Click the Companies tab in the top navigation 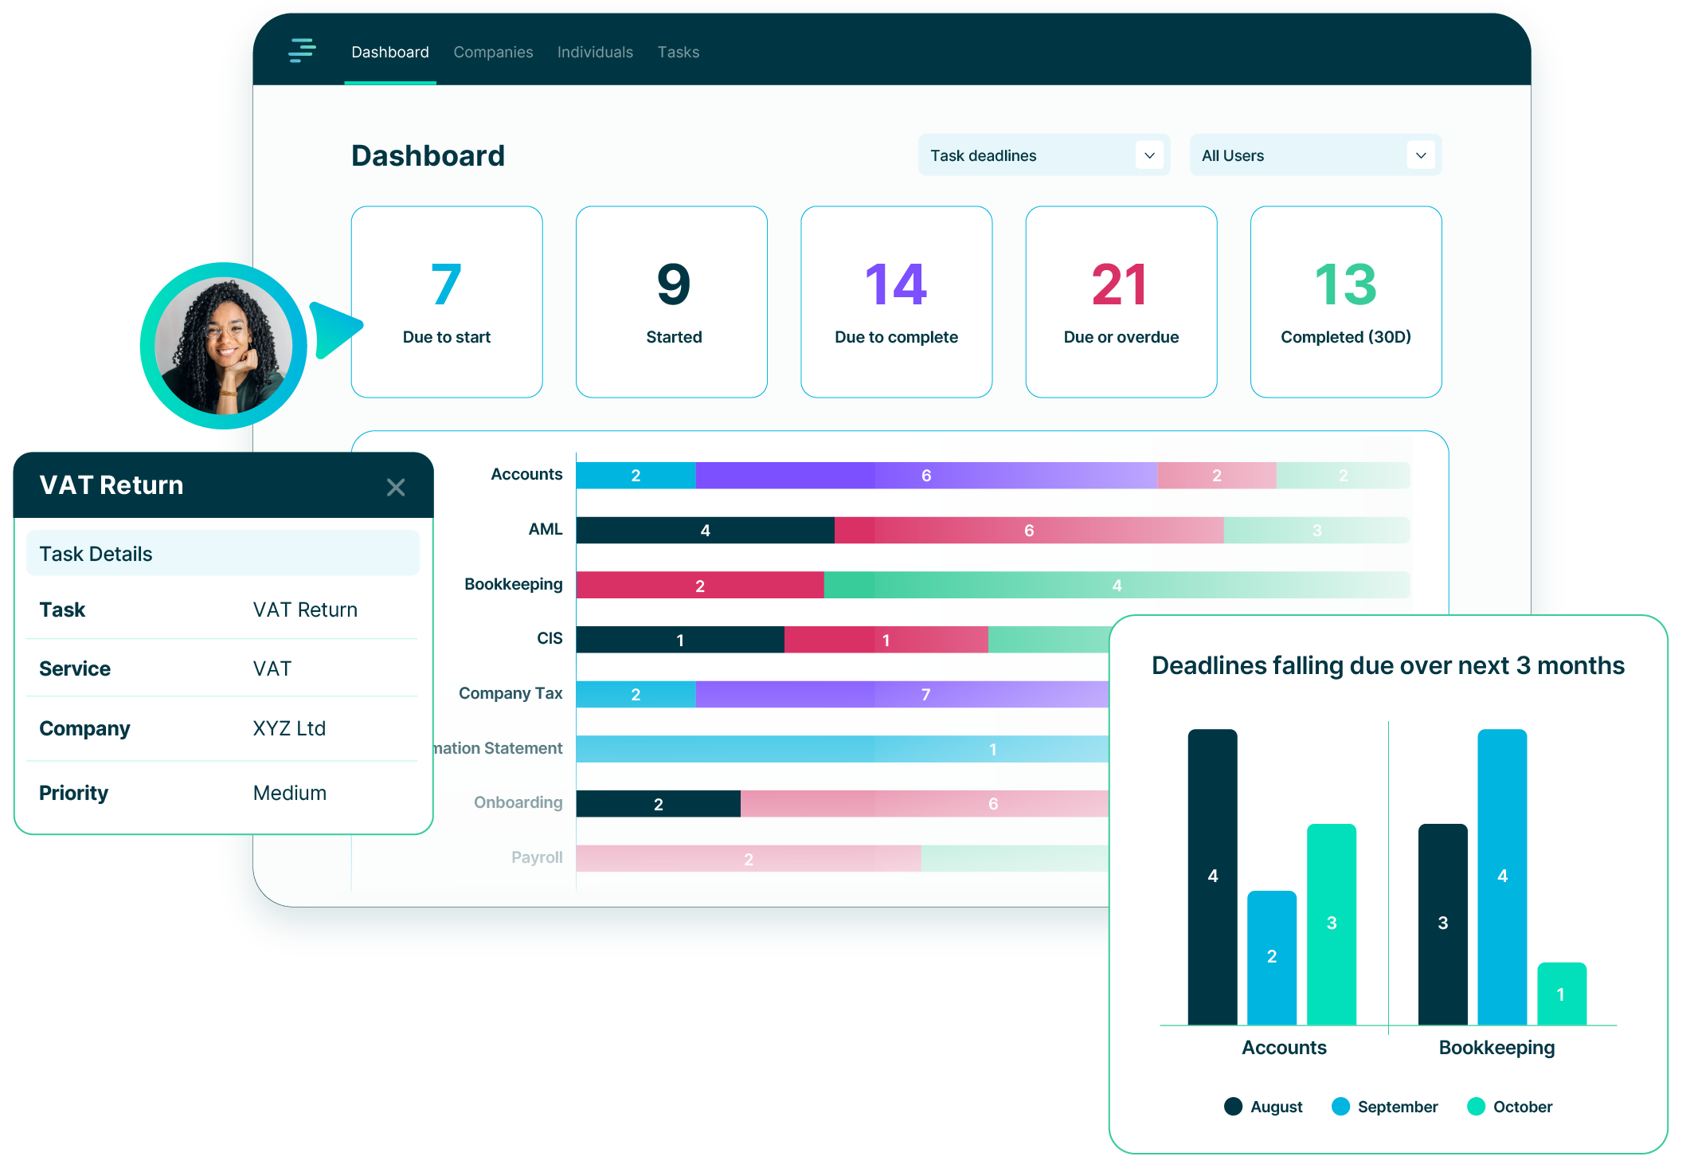click(x=493, y=53)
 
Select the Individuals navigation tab click(x=595, y=53)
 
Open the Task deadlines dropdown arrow click(x=1149, y=155)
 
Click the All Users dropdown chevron click(x=1421, y=155)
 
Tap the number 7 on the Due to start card click(x=446, y=284)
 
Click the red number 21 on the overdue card click(x=1120, y=284)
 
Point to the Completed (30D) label click(x=1345, y=337)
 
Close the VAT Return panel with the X click(x=396, y=487)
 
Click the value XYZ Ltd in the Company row click(x=289, y=728)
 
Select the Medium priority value click(x=290, y=793)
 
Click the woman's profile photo click(x=224, y=346)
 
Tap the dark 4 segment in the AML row click(x=705, y=531)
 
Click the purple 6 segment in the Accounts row click(x=925, y=476)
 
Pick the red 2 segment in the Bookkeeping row click(x=699, y=586)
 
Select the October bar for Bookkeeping click(x=1561, y=994)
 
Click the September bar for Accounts click(x=1271, y=957)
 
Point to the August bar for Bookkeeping click(x=1442, y=923)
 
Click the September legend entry click(x=1385, y=1107)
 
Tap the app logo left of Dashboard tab click(x=302, y=50)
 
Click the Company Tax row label click(x=511, y=693)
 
